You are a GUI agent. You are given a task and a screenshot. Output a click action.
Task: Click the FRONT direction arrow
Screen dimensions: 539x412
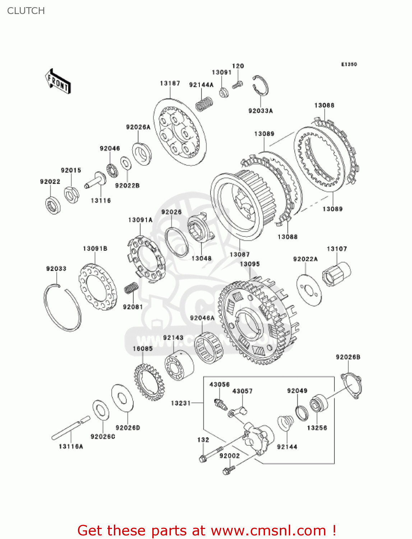tap(58, 82)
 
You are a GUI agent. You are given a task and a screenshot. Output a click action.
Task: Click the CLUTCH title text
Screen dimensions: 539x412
tap(26, 11)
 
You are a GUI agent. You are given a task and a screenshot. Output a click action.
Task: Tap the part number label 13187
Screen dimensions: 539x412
tap(170, 83)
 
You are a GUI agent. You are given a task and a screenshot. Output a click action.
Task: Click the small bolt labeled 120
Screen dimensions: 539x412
tap(237, 85)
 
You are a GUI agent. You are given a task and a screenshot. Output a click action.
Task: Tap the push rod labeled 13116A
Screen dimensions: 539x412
tap(70, 427)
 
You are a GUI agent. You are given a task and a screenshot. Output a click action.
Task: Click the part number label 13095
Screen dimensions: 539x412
tap(250, 264)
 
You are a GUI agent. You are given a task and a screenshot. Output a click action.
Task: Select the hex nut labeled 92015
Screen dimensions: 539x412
tap(71, 194)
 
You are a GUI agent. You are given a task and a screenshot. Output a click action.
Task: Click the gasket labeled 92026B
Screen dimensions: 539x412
tap(351, 386)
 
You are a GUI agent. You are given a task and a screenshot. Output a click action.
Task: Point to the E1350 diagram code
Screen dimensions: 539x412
tap(349, 64)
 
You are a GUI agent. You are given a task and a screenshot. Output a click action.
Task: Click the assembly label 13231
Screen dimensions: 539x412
tap(181, 403)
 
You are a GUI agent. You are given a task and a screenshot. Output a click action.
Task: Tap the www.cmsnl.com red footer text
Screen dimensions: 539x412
tap(207, 530)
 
